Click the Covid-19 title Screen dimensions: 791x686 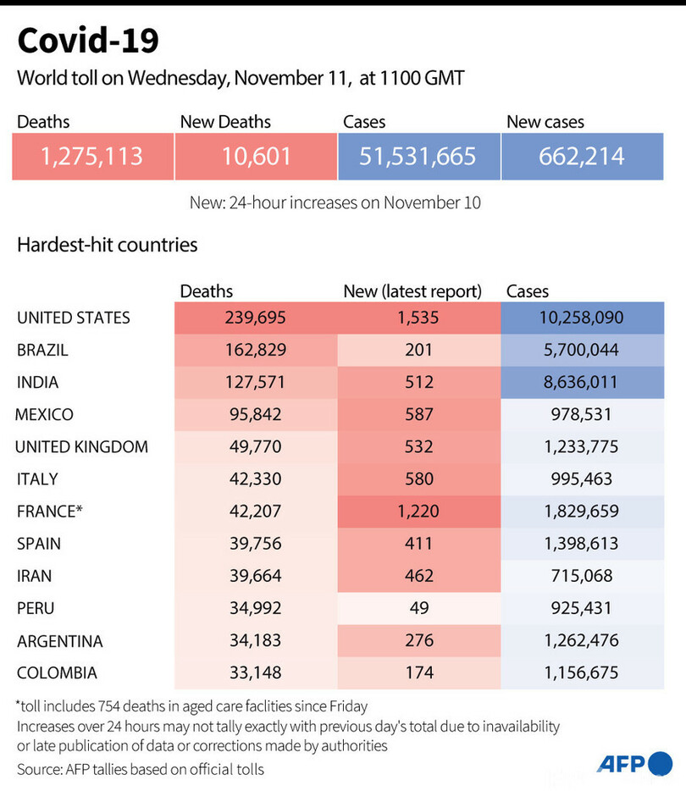coord(87,40)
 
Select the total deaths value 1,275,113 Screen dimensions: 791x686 coord(92,156)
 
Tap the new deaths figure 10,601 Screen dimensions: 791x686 coord(255,156)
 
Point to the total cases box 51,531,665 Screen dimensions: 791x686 coord(418,156)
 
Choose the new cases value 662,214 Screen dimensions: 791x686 coord(582,156)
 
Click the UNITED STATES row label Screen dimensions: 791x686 coord(74,318)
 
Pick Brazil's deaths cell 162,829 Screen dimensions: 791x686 coord(255,350)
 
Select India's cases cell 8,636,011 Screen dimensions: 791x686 coord(582,382)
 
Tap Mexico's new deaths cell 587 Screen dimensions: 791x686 coord(418,414)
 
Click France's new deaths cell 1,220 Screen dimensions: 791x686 coord(418,511)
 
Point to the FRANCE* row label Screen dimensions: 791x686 coord(50,511)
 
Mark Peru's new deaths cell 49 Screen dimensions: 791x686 coord(418,607)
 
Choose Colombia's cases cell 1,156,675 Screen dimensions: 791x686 coord(582,672)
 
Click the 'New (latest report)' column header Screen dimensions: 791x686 coord(412,291)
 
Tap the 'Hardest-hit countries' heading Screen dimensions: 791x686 coord(107,245)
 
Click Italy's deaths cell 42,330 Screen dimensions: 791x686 coord(255,478)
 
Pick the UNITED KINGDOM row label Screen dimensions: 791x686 coord(82,446)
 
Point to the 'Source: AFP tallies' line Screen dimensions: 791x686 coord(141,768)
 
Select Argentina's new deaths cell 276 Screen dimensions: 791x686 coord(418,640)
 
